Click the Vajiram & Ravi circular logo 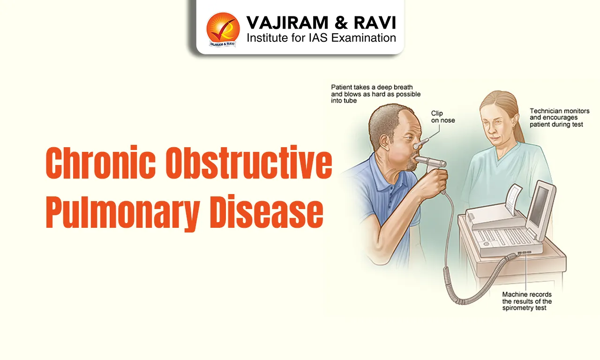(223, 29)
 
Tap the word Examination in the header (364, 38)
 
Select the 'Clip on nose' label (442, 117)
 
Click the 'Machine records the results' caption (527, 301)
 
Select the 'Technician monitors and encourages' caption (559, 118)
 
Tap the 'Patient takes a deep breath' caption (375, 94)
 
